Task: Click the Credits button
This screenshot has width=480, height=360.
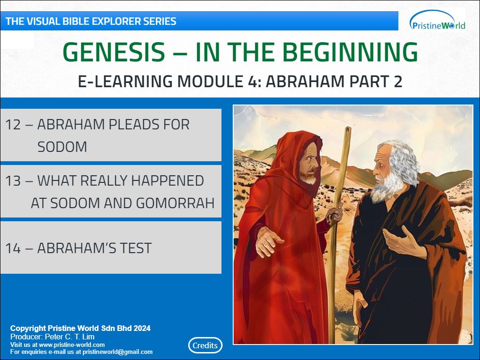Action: pyautogui.click(x=205, y=345)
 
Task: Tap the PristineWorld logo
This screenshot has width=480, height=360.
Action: pyautogui.click(x=437, y=20)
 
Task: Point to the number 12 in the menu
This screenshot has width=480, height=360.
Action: pyautogui.click(x=13, y=125)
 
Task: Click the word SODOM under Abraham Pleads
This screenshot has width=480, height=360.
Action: pyautogui.click(x=62, y=147)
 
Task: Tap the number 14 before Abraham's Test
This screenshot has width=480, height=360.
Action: pyautogui.click(x=13, y=248)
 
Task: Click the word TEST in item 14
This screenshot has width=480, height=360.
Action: pyautogui.click(x=136, y=248)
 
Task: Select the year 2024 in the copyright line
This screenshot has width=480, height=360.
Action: pyautogui.click(x=142, y=328)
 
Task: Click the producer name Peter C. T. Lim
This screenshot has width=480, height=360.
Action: pyautogui.click(x=69, y=337)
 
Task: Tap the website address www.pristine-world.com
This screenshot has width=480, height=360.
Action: pyautogui.click(x=72, y=345)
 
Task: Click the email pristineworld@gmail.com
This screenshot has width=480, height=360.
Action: pyautogui.click(x=118, y=352)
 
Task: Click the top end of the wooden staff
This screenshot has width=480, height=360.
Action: pyautogui.click(x=348, y=128)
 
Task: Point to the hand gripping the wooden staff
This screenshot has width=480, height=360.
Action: pyautogui.click(x=335, y=212)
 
